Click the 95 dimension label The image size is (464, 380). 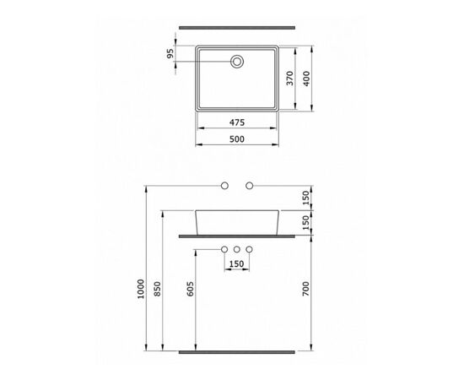click(x=170, y=53)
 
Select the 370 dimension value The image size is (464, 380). click(x=290, y=79)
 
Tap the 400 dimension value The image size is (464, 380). click(x=306, y=79)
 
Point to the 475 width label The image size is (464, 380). click(x=237, y=122)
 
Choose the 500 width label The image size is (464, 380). click(x=237, y=138)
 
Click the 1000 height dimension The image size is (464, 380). click(x=141, y=289)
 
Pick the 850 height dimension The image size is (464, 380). click(x=157, y=289)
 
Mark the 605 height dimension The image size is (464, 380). click(x=191, y=289)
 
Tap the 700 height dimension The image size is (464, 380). click(x=305, y=289)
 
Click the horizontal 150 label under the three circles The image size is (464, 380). click(x=237, y=263)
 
